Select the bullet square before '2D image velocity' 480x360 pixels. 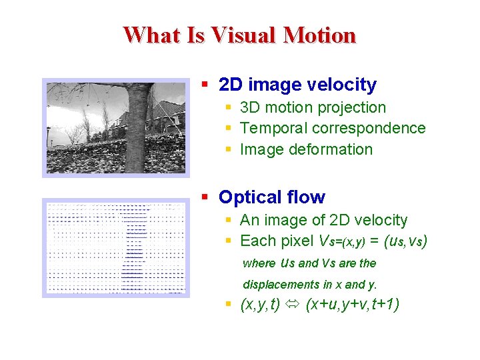tap(207, 85)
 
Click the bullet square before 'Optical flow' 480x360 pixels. tap(207, 197)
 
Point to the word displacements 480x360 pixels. tap(281, 285)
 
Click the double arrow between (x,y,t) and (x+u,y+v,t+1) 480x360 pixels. tap(292, 305)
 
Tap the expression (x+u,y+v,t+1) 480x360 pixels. tap(351, 305)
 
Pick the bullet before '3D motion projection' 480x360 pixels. tap(229, 107)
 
